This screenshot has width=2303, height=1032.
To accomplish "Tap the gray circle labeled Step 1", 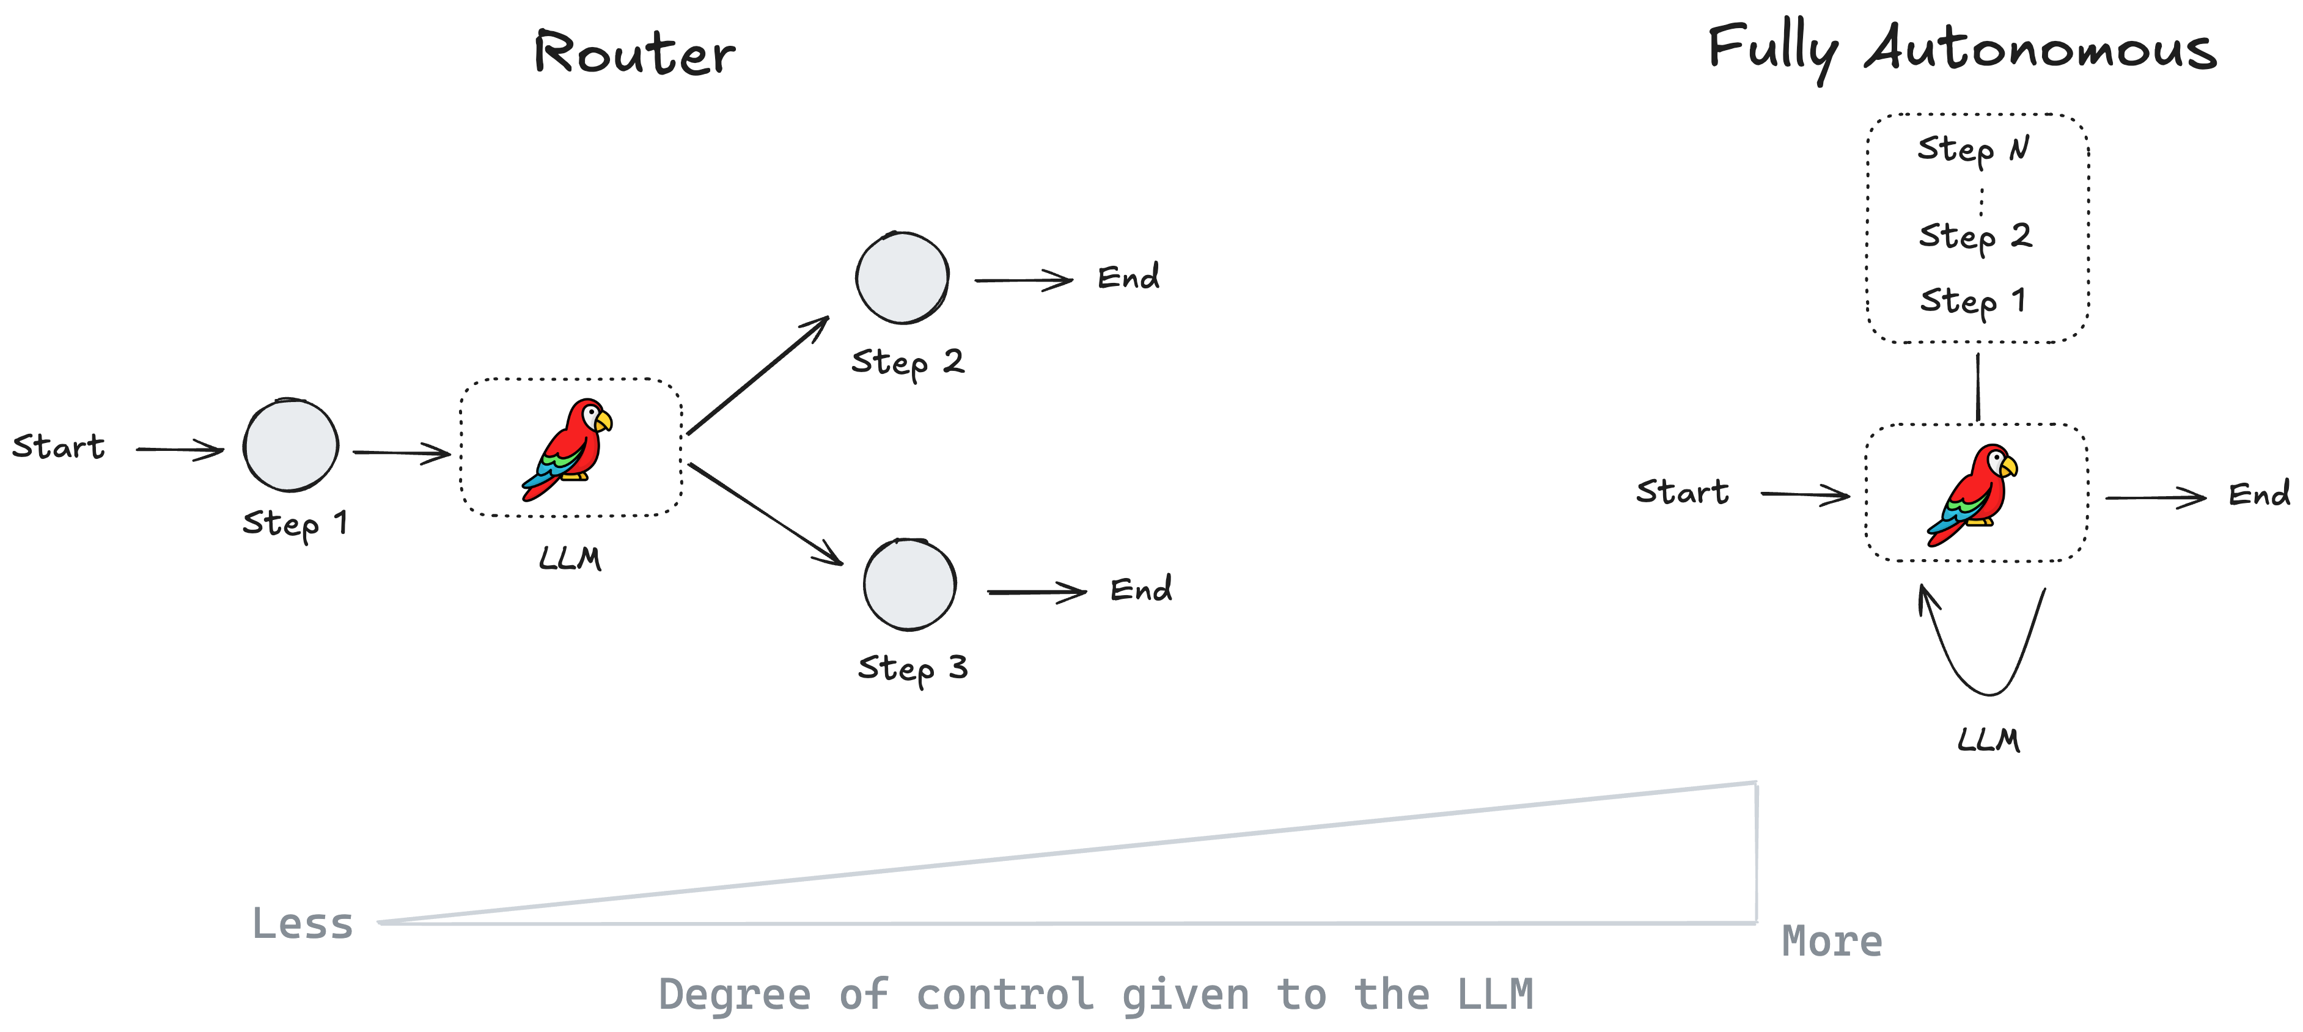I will point(290,445).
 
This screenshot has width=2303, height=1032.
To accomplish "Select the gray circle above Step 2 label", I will point(902,278).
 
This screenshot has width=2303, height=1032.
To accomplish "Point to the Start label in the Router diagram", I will point(58,446).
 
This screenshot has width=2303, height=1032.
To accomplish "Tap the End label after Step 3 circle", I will point(1140,589).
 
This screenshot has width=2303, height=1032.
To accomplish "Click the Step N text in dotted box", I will point(1973,148).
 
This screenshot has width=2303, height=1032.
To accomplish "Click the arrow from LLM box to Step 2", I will point(758,375).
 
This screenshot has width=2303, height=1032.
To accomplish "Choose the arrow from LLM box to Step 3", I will point(765,514).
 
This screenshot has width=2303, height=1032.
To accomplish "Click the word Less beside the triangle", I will point(302,923).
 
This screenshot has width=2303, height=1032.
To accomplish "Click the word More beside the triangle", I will point(1832,941).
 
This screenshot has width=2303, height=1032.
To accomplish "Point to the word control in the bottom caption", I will point(1004,995).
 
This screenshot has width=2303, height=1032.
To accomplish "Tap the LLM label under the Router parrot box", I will point(570,558).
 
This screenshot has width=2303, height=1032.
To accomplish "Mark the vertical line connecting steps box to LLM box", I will point(1978,387).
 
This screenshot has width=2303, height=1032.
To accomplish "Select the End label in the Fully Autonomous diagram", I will point(2258,494).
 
